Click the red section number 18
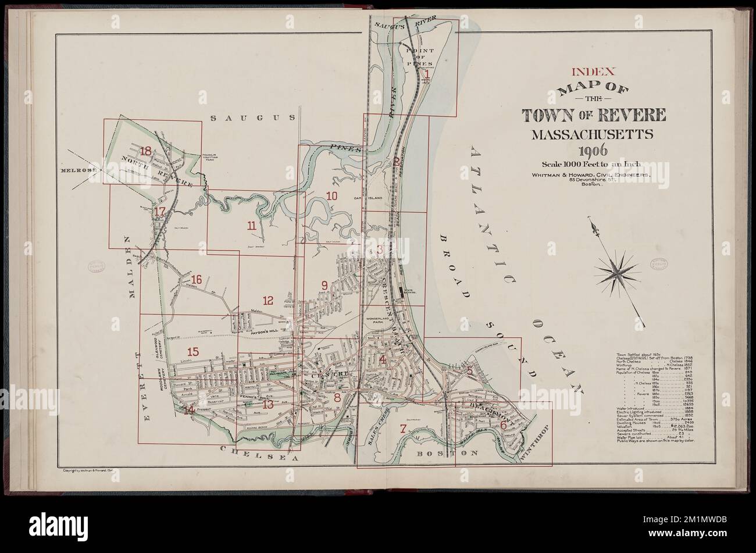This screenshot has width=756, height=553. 145,152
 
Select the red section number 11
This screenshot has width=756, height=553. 251,226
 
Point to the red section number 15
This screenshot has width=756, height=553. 192,351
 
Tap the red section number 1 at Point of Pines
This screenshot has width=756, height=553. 427,74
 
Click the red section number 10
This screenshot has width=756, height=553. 331,196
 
